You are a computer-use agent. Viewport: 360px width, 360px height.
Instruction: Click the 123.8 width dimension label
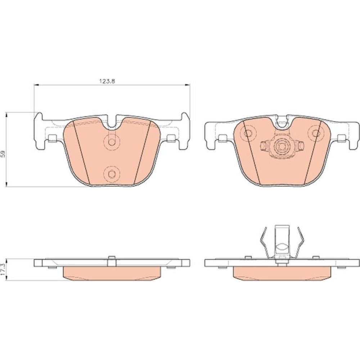coord(107,81)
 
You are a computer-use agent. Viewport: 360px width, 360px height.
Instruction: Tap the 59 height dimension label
coord(3,154)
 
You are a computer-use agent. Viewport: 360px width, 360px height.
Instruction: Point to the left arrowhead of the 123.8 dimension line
coord(36,85)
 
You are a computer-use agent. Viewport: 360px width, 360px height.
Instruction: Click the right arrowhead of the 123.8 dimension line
coord(188,85)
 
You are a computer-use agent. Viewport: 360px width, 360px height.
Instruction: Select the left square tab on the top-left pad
coord(53,138)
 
